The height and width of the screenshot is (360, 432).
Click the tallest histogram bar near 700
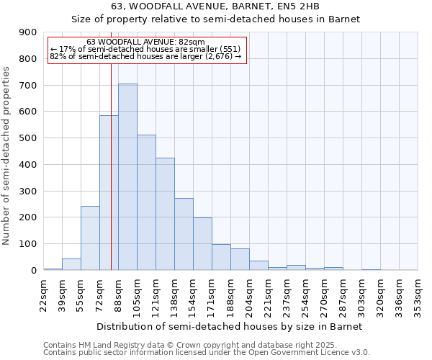pos(127,177)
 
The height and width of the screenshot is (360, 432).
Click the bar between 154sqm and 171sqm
pos(202,244)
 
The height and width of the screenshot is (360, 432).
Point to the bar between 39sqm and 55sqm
pos(71,264)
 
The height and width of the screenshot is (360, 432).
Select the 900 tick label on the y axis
pos(28,32)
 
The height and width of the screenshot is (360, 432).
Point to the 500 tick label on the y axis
pos(28,138)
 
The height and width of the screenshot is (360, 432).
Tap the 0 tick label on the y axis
pos(33,271)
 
